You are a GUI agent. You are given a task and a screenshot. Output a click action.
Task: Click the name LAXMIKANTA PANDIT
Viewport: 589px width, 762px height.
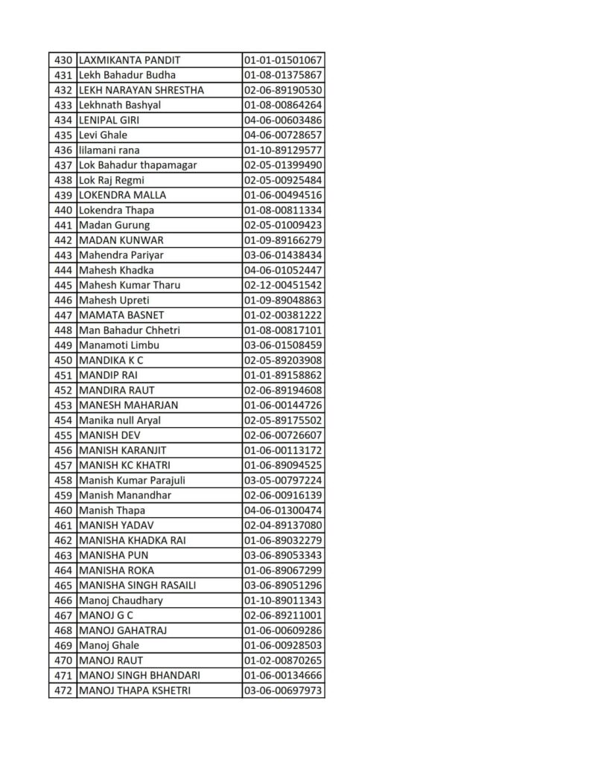tap(130, 60)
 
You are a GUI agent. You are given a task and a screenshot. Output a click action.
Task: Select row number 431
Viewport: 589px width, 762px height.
tap(63, 75)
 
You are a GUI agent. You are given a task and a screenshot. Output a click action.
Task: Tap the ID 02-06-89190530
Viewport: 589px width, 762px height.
tap(283, 90)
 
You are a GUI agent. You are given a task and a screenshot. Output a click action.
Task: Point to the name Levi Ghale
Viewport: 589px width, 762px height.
tap(104, 135)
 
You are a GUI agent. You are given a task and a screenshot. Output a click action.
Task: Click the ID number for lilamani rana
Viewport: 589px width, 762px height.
tap(283, 150)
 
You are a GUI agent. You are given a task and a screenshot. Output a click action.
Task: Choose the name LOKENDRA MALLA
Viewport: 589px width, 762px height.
tap(122, 195)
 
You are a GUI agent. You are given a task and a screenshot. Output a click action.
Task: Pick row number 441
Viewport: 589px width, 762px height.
tap(63, 225)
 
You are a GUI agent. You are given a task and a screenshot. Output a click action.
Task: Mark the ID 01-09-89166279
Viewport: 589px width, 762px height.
tap(283, 240)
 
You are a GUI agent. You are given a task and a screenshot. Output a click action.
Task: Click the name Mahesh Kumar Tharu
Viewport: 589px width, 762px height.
tap(130, 285)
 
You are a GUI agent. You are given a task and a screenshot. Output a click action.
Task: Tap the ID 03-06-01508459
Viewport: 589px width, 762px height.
tap(283, 345)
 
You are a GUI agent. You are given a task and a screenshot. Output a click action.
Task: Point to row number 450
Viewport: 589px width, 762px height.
tap(63, 360)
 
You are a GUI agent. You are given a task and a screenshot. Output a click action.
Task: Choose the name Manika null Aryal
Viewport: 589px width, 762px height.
tap(120, 420)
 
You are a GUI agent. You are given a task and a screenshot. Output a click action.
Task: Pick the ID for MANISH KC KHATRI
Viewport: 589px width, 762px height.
tap(283, 465)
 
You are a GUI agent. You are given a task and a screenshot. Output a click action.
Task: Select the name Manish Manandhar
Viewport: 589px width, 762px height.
tap(125, 495)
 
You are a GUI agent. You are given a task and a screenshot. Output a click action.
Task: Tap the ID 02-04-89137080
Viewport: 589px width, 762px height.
tap(283, 525)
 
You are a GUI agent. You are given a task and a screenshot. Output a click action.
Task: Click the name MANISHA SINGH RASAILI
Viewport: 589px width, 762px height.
tap(138, 585)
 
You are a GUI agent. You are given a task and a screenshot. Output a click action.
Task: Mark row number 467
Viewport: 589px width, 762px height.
tap(63, 615)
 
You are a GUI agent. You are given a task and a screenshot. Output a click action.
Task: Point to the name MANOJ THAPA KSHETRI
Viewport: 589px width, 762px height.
tap(135, 691)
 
